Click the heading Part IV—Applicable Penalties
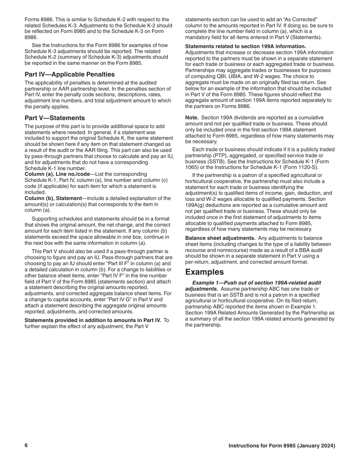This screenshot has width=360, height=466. click(70, 74)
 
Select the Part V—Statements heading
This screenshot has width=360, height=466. click(55, 118)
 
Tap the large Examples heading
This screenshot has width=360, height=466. click(204, 272)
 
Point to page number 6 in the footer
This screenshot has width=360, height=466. click(26, 446)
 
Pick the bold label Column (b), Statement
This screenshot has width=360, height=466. click(53, 198)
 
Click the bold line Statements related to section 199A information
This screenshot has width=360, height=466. click(246, 46)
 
